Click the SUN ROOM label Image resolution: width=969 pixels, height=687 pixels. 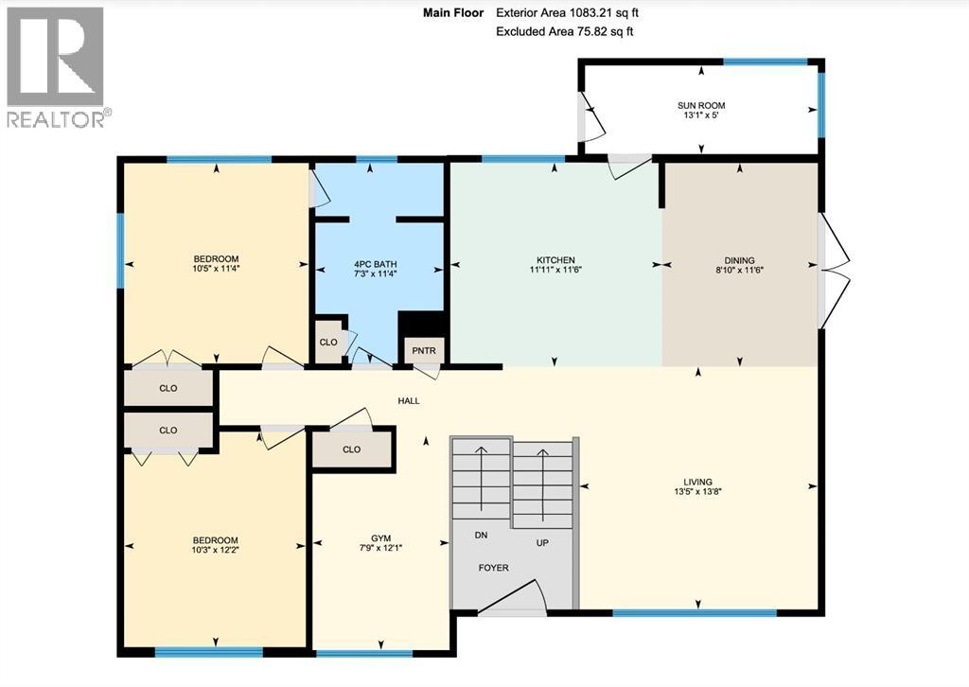pos(701,105)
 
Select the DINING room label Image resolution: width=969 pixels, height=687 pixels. pos(739,260)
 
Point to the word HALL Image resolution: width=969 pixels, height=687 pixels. pos(409,401)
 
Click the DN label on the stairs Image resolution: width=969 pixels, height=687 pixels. pos(483,535)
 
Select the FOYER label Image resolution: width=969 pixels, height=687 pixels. pos(493,568)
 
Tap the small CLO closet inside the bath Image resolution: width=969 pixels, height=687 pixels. pos(328,343)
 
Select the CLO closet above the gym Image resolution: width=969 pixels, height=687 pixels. pos(352,449)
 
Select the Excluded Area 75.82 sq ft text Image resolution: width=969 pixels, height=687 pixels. pos(564,32)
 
